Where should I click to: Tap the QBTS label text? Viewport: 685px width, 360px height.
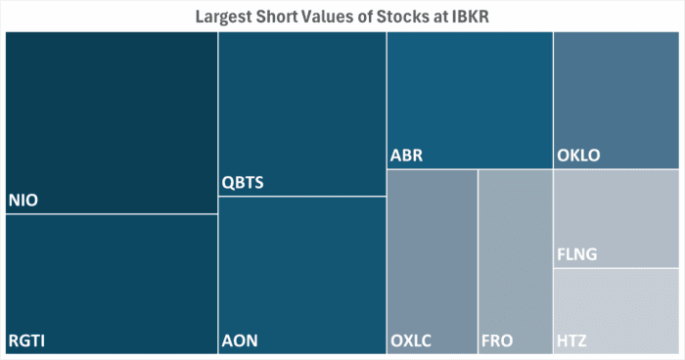244,183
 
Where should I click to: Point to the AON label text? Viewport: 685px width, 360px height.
240,341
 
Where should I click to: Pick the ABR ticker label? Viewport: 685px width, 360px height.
406,156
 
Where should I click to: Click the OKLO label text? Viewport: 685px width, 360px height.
577,156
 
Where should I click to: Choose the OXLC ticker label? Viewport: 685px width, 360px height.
410,341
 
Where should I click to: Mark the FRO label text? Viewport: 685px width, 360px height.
498,341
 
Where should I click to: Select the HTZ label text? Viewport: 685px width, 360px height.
572,341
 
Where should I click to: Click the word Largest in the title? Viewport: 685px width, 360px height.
224,16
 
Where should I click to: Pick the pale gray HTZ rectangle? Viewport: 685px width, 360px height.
616,303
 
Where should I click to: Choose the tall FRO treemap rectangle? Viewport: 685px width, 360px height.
516,254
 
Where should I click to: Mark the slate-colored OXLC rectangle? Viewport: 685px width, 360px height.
432,254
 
